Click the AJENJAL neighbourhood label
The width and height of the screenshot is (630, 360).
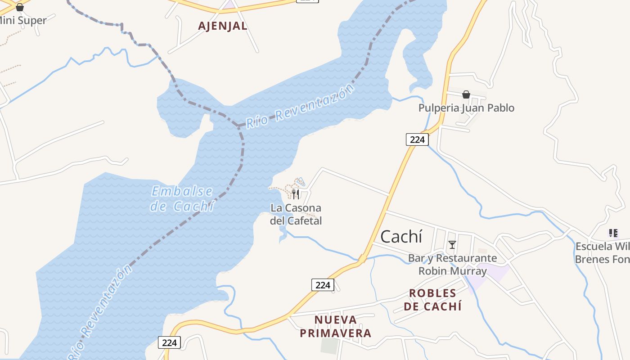point(223,26)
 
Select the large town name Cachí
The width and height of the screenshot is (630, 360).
point(401,237)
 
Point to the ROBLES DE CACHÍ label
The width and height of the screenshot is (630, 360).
point(432,300)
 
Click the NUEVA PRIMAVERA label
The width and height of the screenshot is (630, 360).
point(336,327)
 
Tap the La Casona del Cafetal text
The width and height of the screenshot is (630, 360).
point(296,214)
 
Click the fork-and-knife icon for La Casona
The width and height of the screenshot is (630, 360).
point(296,194)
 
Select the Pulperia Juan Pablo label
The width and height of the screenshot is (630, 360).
point(466,108)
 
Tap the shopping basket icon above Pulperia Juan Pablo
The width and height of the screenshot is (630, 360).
point(466,94)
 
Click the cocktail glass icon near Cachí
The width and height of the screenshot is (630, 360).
point(452,245)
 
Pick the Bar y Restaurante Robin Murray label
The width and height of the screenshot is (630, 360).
point(452,265)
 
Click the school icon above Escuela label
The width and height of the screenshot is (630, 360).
point(613,233)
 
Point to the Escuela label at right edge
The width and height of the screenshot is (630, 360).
point(602,253)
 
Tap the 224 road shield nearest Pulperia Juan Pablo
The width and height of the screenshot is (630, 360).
point(417,139)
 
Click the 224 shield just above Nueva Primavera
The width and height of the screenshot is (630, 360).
point(323,285)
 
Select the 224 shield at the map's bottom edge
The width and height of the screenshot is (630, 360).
point(170,342)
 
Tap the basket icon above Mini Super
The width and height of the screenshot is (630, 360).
point(20,7)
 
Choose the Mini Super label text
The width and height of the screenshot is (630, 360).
point(23,21)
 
